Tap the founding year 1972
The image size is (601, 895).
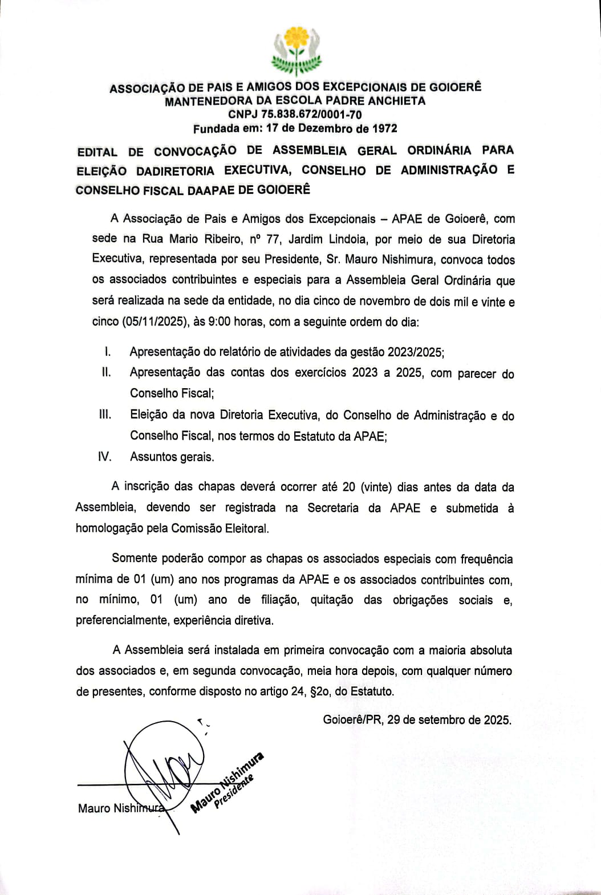pyautogui.click(x=384, y=128)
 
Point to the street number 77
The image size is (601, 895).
pyautogui.click(x=273, y=239)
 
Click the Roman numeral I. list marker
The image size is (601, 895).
pyautogui.click(x=107, y=352)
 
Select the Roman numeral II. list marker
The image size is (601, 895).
pyautogui.click(x=106, y=372)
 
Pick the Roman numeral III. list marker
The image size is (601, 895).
pyautogui.click(x=105, y=414)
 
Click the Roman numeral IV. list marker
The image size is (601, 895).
pyautogui.click(x=105, y=456)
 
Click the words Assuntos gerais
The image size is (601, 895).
pyautogui.click(x=172, y=457)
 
